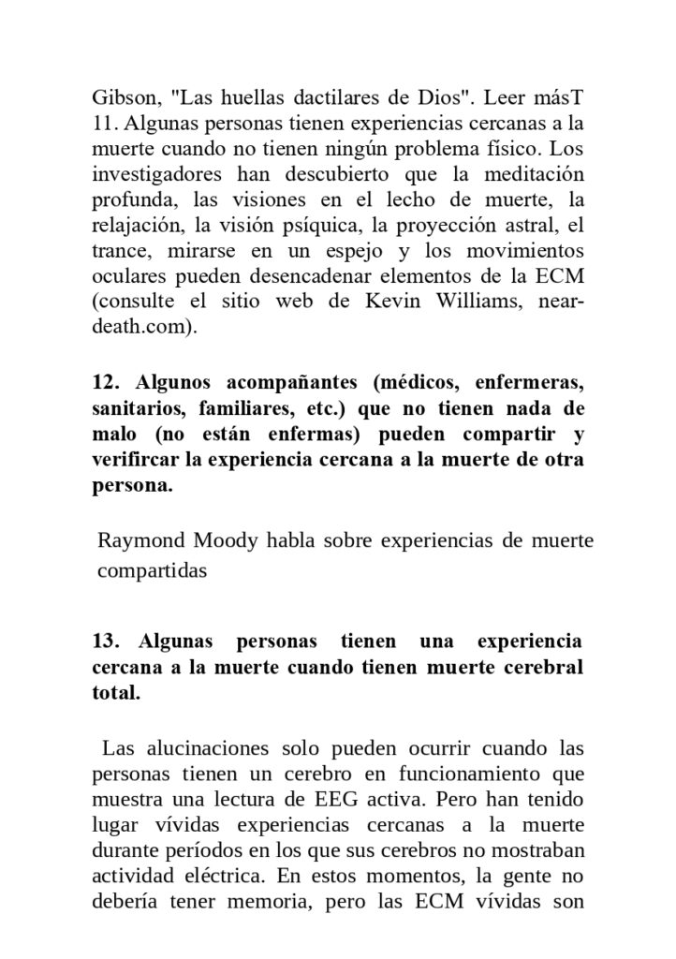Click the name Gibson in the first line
tap(125, 98)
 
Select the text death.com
tap(143, 327)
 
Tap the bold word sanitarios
tap(139, 409)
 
